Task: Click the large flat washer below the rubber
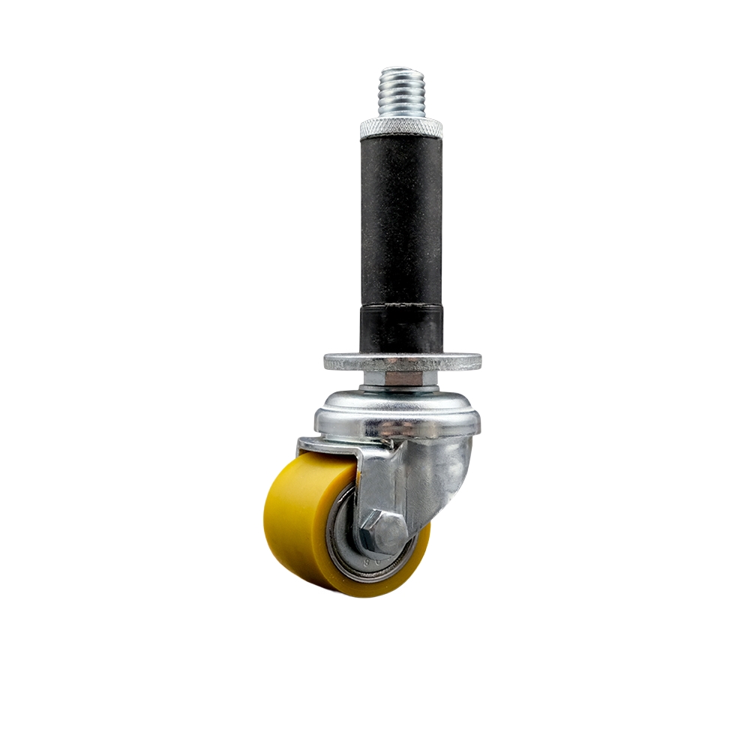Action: (x=402, y=361)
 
